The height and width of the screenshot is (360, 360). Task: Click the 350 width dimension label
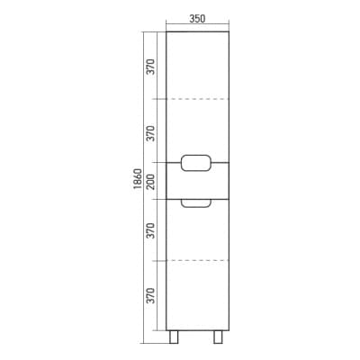(x=197, y=19)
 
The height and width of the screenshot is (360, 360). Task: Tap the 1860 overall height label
(x=138, y=179)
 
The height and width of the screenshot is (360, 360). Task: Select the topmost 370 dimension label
(x=151, y=67)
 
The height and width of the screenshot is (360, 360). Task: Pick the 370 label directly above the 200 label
(x=151, y=133)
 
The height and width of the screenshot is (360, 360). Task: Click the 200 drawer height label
(x=151, y=182)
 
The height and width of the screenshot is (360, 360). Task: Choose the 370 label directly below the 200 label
(x=151, y=230)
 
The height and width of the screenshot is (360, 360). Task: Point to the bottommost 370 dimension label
(x=151, y=295)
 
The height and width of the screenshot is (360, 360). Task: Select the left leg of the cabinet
(x=174, y=337)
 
